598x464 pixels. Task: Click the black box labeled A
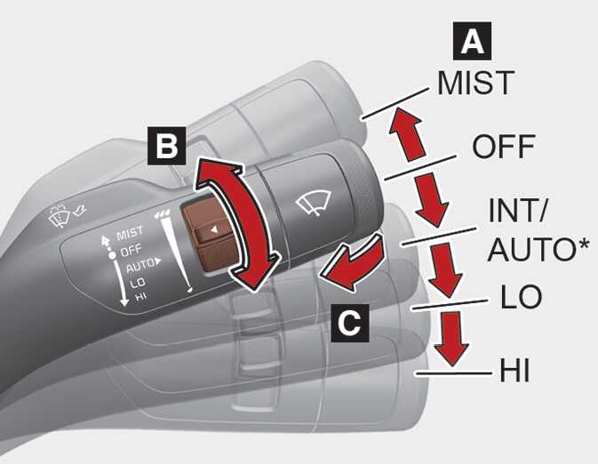click(x=472, y=41)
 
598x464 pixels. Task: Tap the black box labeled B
click(x=167, y=146)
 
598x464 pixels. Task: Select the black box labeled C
click(x=350, y=323)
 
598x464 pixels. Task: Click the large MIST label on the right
click(x=475, y=83)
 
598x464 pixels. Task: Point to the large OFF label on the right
click(x=503, y=146)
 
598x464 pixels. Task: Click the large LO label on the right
click(x=521, y=296)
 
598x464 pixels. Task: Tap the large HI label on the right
click(x=514, y=370)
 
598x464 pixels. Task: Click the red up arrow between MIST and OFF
click(x=407, y=133)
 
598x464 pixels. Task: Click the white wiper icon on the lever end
click(x=314, y=203)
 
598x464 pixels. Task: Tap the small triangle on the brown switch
click(x=214, y=229)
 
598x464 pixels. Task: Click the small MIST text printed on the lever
click(x=130, y=233)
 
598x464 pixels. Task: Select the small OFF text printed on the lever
click(x=131, y=251)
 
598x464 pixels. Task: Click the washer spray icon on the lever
click(x=60, y=216)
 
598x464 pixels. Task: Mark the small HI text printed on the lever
click(x=141, y=296)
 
